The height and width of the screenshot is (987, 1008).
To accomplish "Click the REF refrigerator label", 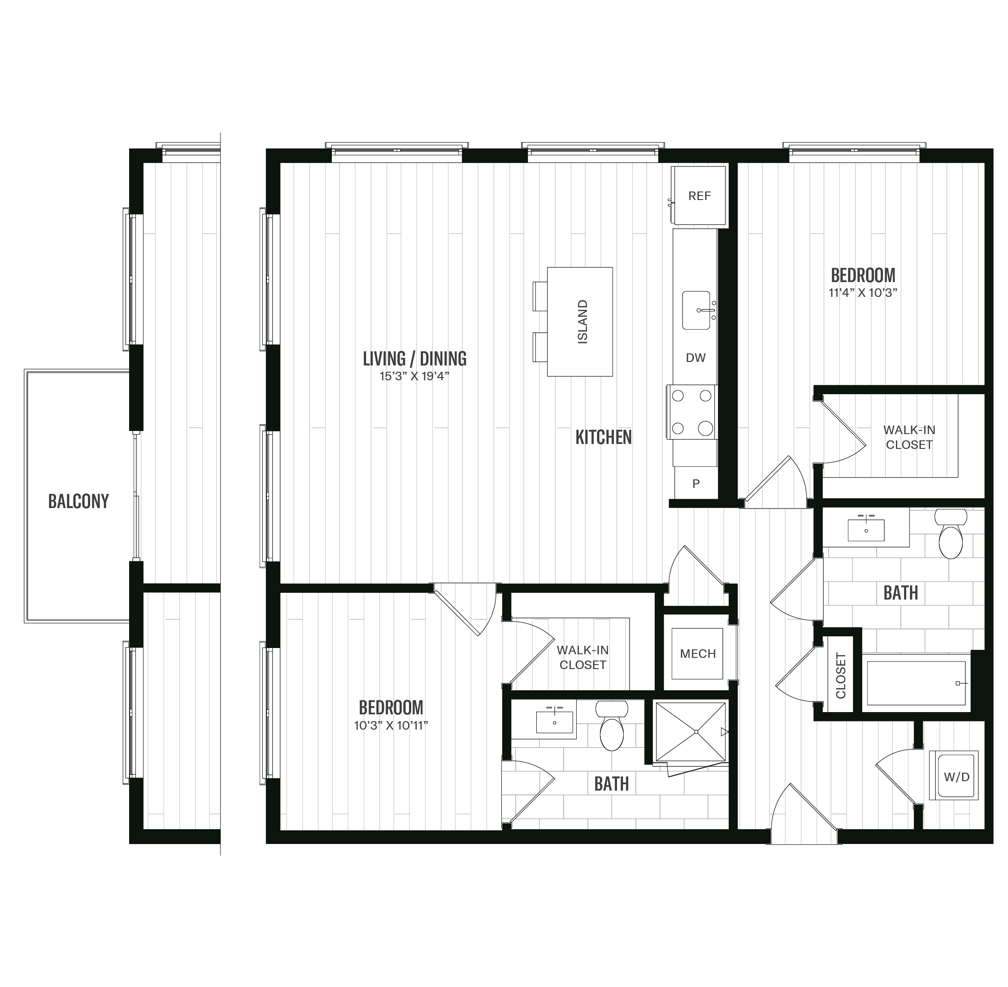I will [699, 196].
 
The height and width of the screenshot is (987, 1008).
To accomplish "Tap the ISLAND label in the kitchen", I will [582, 322].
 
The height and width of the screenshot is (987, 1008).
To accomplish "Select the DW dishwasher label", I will [695, 358].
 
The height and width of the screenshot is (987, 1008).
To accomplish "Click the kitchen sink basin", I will [695, 310].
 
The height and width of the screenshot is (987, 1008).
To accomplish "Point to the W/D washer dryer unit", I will [956, 777].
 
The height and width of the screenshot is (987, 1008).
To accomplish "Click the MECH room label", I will [698, 654].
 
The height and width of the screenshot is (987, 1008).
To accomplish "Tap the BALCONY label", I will [78, 501].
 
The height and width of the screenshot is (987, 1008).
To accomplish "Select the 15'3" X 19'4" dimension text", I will [414, 376].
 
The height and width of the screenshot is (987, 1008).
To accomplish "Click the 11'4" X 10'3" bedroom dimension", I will [862, 293].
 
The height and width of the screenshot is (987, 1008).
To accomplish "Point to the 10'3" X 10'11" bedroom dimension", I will [391, 725].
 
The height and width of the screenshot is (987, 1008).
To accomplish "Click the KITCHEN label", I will [603, 438].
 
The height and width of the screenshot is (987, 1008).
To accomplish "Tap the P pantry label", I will [696, 484].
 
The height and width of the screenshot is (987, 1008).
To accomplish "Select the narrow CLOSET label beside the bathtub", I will [841, 675].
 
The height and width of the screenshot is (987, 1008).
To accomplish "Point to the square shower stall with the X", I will [691, 731].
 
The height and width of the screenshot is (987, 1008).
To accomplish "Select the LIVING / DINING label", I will [414, 359].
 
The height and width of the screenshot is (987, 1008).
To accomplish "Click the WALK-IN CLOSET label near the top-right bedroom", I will [908, 437].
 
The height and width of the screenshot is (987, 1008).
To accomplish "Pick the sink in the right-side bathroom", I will [866, 530].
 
